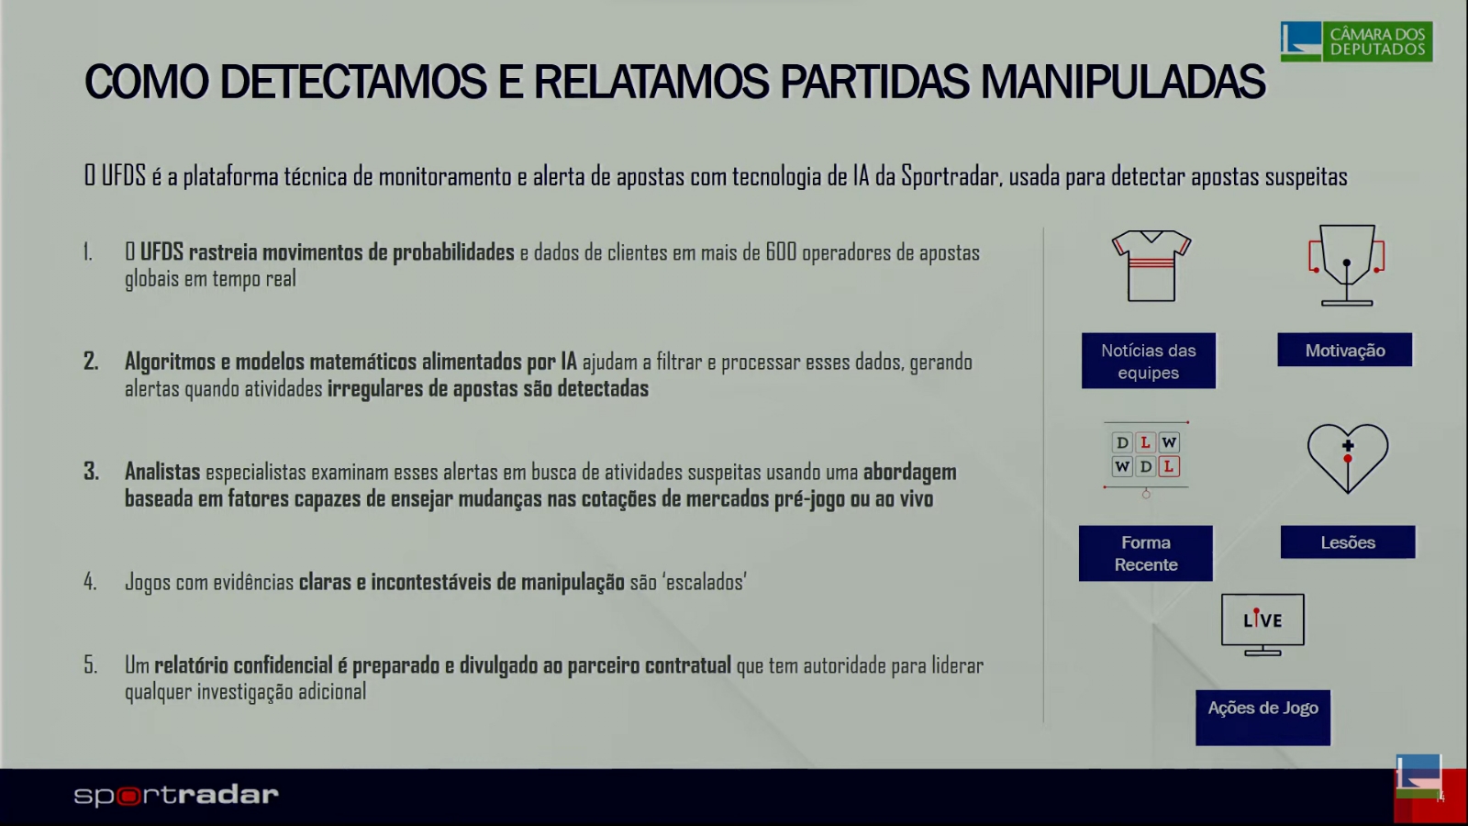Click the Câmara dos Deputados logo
(1357, 41)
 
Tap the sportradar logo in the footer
(176, 795)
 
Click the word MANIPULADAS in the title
(1123, 82)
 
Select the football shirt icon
(1151, 265)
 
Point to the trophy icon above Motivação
(1346, 265)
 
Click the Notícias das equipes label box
(1148, 361)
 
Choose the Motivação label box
(1345, 350)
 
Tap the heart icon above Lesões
(1348, 458)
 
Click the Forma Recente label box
(1146, 553)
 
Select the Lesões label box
(1348, 542)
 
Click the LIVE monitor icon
(1262, 625)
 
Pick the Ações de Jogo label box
(1262, 717)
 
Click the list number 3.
(91, 472)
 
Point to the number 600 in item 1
(781, 251)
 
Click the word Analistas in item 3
(162, 472)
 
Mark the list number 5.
(91, 665)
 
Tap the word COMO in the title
(146, 82)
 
